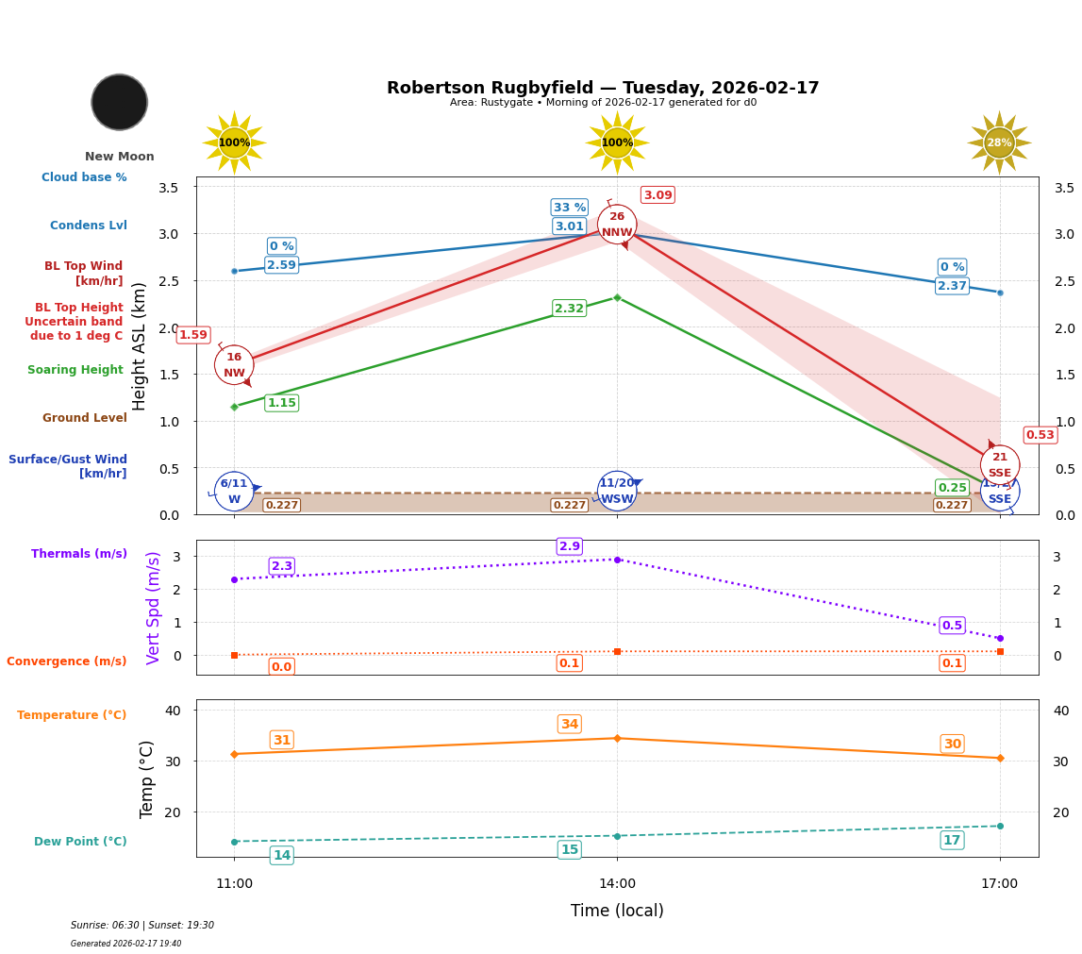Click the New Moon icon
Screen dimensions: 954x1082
pyautogui.click(x=120, y=103)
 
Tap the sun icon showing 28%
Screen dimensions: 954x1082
pyautogui.click(x=999, y=143)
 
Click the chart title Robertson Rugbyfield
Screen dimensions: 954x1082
pyautogui.click(x=603, y=88)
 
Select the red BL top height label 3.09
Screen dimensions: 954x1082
pyautogui.click(x=658, y=195)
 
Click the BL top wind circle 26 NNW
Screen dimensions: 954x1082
pyautogui.click(x=617, y=225)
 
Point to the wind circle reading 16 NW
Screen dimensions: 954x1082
pyautogui.click(x=234, y=365)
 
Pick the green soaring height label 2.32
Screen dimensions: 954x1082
pyautogui.click(x=569, y=309)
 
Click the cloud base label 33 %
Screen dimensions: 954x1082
pyautogui.click(x=569, y=208)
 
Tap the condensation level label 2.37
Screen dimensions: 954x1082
pyautogui.click(x=952, y=286)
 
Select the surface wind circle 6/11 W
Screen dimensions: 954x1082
pyautogui.click(x=234, y=492)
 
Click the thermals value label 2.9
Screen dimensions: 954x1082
pyautogui.click(x=570, y=546)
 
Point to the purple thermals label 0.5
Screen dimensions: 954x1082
pyautogui.click(x=952, y=626)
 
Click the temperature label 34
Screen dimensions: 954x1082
pyautogui.click(x=570, y=725)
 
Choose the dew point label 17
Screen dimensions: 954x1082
pyautogui.click(x=952, y=841)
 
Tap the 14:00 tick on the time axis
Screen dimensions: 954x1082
pyautogui.click(x=617, y=884)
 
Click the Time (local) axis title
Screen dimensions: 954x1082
pyautogui.click(x=617, y=911)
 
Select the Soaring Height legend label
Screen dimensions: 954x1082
pyautogui.click(x=75, y=371)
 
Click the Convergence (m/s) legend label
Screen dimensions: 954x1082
pyautogui.click(x=67, y=661)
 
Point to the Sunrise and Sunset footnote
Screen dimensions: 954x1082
pyautogui.click(x=142, y=926)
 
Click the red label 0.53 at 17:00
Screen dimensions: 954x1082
pyautogui.click(x=1040, y=435)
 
